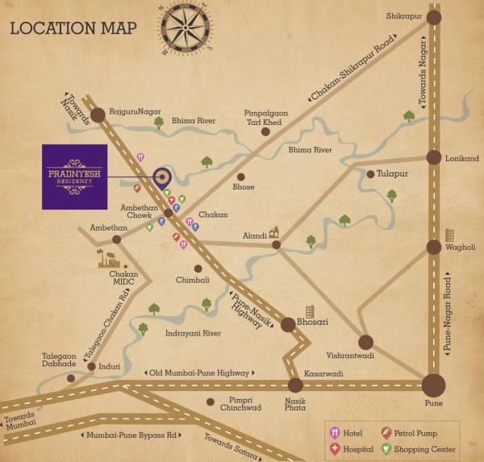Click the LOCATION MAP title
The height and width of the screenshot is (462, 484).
coord(73,28)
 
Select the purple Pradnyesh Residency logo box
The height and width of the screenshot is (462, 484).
coord(74,177)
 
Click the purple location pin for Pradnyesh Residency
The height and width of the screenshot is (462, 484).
coord(161,178)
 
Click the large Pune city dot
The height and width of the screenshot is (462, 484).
coord(433,385)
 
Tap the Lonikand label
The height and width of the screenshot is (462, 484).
coord(461,159)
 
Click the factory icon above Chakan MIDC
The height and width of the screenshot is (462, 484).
coord(108,257)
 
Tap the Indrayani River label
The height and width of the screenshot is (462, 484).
coord(193,332)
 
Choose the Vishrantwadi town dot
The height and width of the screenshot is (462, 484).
coord(366,342)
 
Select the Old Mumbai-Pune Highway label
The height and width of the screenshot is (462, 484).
coord(199,373)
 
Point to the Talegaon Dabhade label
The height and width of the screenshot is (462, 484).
coord(60,360)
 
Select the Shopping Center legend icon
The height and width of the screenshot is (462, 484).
coord(386,449)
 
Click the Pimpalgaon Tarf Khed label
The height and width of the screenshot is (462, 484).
coord(262,118)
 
